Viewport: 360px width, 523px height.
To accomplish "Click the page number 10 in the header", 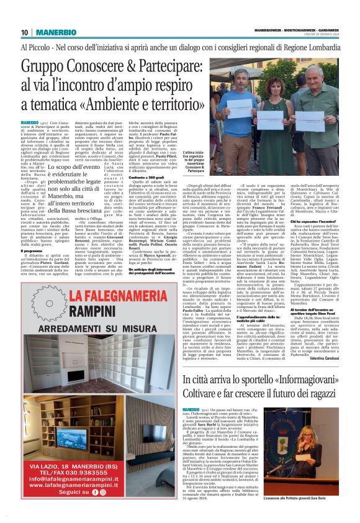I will [24, 32].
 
